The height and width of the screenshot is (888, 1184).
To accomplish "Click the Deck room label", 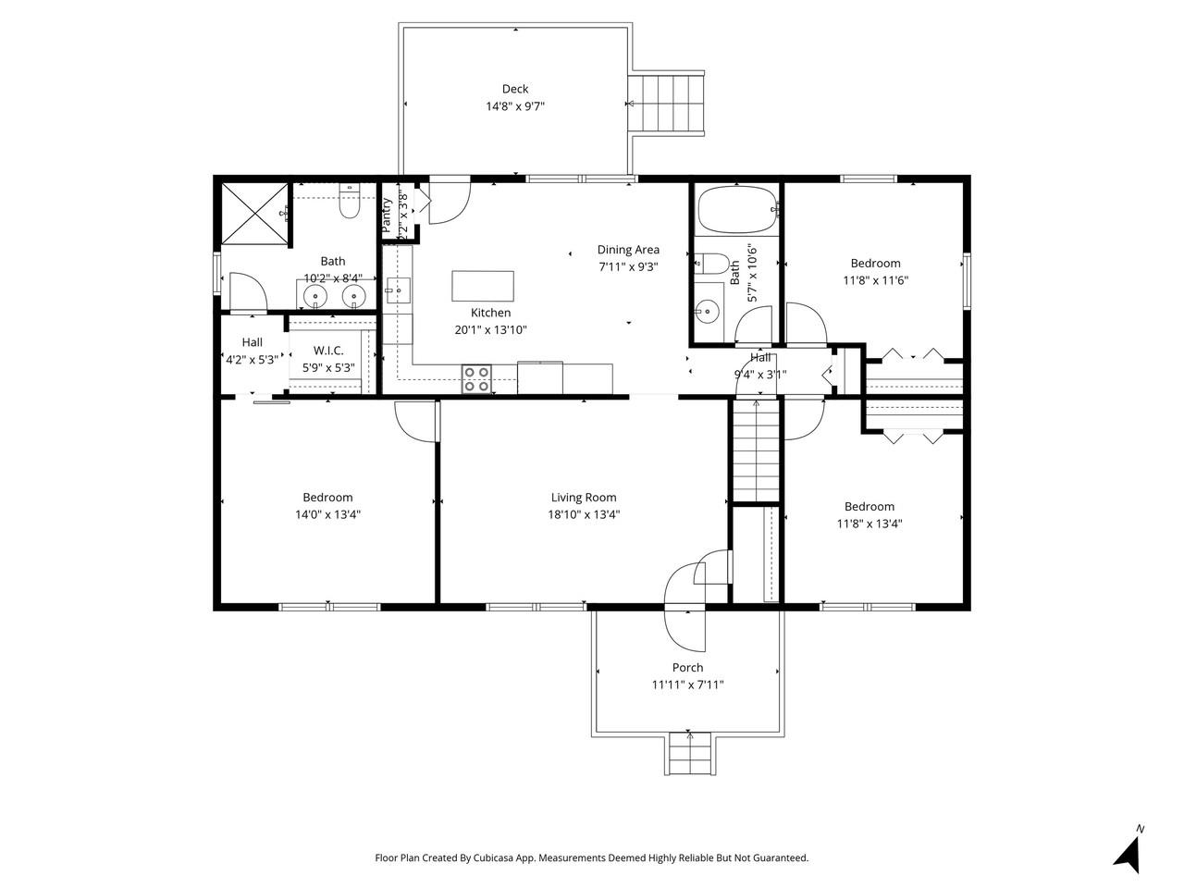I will coord(515,89).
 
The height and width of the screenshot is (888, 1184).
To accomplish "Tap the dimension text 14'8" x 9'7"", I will coord(515,106).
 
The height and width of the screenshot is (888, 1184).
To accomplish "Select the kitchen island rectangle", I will coord(483,286).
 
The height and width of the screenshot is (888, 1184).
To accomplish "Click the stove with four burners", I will coord(477,380).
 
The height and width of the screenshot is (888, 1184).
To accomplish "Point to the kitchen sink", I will coord(398,290).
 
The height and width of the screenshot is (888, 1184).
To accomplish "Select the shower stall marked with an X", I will coord(253,216).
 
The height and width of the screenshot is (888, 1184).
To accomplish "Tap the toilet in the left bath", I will coord(349,203).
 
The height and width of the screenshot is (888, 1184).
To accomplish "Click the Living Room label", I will coord(584,498).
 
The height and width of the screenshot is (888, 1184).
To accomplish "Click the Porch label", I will coord(687,668).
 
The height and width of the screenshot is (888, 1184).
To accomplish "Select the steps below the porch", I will coord(689,753).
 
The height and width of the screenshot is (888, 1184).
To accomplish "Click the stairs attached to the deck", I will coord(666,104).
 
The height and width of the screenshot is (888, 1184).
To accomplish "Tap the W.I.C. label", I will coord(328,351).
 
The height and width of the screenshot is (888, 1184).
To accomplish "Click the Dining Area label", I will coord(628,250).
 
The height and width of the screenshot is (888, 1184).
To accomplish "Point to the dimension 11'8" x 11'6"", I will coord(875,280).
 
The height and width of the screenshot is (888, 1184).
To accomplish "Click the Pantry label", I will coord(387,216).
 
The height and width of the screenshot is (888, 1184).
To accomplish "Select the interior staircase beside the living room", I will coord(756,450).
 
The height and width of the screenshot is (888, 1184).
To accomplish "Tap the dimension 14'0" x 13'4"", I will coord(327,515).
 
